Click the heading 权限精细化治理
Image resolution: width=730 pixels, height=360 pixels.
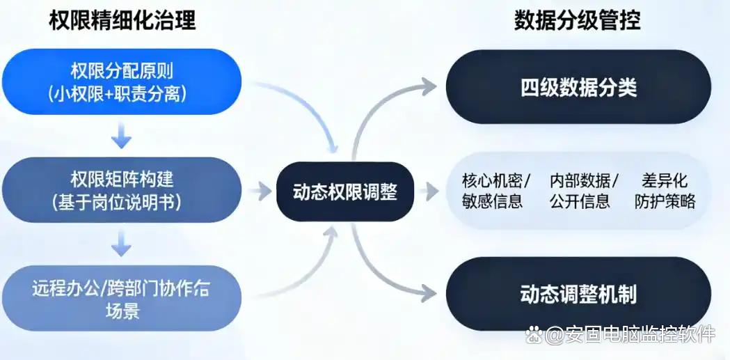122,20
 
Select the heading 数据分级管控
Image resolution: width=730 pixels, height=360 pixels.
578,20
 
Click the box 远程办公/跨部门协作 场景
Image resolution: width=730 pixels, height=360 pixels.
122,298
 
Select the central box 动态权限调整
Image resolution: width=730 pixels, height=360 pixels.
345,191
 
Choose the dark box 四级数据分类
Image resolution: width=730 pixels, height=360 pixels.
578,88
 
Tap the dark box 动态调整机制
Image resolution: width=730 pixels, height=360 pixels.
578,294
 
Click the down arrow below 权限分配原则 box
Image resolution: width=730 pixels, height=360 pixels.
122,139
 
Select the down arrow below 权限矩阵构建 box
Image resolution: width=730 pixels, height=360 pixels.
122,246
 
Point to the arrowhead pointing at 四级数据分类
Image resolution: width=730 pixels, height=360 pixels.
429,86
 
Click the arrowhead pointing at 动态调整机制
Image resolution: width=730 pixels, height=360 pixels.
429,293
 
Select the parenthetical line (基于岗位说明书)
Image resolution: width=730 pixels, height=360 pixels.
122,201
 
